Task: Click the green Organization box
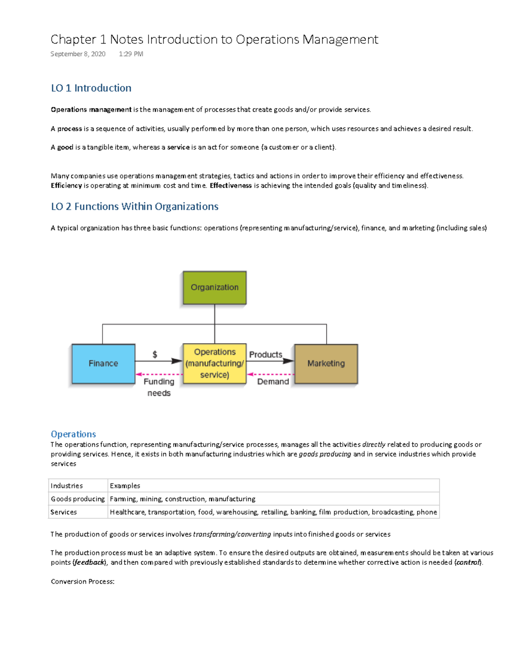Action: coord(214,288)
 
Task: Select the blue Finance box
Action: coord(103,364)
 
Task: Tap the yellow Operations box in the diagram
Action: coord(214,364)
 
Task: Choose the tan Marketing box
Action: coord(326,364)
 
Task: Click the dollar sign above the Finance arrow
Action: coord(155,354)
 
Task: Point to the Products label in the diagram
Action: coord(265,355)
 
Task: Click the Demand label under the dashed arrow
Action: coord(273,382)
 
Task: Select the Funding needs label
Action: coord(159,387)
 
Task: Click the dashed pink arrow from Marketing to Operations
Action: coord(271,375)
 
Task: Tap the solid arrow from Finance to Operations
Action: coord(159,361)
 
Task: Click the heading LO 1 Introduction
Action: coord(91,88)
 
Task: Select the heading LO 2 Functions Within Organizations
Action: coord(135,206)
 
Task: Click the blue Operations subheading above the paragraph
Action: coord(73,434)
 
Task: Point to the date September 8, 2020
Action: coord(78,54)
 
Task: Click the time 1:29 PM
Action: coord(131,54)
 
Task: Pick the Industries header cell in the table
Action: coord(67,486)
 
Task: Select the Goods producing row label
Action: coord(77,499)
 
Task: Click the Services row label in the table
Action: coord(64,512)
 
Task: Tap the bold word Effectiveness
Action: coord(231,186)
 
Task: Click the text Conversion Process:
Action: coord(83,582)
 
